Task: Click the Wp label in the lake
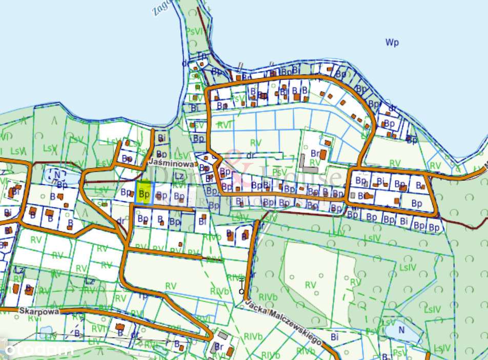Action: pos(392,43)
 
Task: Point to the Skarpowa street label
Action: pos(39,310)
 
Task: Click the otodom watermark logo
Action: pos(38,350)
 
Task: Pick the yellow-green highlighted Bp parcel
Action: pos(145,194)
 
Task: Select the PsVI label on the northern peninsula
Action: pos(193,31)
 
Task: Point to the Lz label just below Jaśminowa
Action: pos(179,176)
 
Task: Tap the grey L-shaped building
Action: pos(308,163)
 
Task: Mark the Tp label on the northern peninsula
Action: pos(202,55)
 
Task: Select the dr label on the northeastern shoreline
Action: pos(393,108)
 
